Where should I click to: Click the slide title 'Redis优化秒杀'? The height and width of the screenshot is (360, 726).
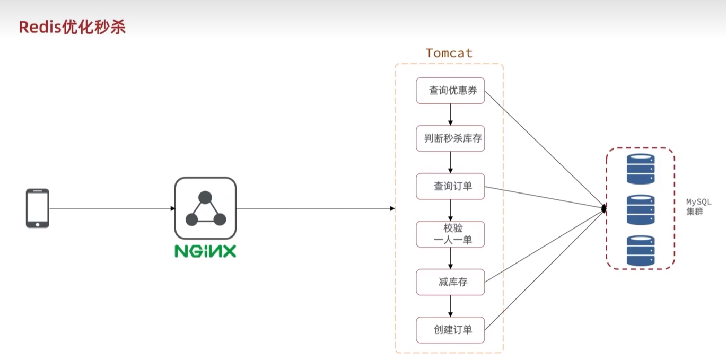click(72, 28)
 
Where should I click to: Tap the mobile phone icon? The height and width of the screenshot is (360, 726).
click(38, 208)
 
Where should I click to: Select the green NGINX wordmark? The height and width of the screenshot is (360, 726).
click(205, 251)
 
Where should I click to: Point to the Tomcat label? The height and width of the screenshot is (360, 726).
click(449, 53)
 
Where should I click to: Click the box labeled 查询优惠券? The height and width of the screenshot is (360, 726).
click(450, 91)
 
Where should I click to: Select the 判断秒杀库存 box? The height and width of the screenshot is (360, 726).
click(450, 138)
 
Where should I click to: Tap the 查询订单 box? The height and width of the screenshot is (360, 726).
click(450, 186)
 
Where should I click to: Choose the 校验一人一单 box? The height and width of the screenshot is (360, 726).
click(450, 234)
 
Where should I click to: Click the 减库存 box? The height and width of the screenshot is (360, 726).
click(450, 282)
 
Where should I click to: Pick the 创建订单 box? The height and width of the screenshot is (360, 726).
click(450, 330)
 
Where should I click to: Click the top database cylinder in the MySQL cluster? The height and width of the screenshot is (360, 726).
click(641, 169)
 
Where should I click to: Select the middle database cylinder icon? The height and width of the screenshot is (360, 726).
click(641, 210)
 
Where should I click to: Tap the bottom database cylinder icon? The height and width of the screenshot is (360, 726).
click(641, 251)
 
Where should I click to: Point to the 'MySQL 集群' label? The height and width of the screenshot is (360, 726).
click(698, 207)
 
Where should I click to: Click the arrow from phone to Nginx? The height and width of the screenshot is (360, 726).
click(111, 208)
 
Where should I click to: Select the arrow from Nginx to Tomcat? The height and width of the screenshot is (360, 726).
click(316, 208)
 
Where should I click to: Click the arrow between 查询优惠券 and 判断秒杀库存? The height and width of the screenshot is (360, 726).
click(450, 115)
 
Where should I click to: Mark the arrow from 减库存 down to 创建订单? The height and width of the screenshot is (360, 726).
click(450, 306)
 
